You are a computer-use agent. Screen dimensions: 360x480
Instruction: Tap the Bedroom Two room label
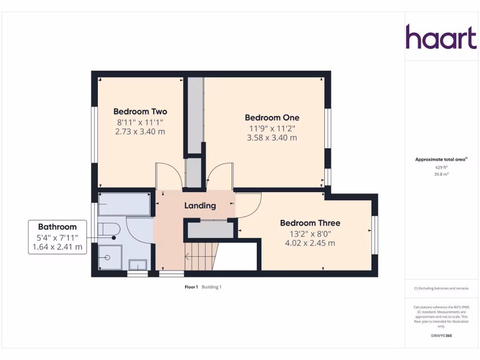point(140,112)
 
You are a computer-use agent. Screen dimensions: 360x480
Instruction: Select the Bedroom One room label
point(272,118)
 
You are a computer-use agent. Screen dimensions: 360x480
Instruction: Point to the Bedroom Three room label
point(310,223)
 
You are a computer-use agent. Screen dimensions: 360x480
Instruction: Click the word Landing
point(200,205)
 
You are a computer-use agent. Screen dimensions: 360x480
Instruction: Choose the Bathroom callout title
point(57,227)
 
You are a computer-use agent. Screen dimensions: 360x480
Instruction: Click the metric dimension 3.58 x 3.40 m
point(272,138)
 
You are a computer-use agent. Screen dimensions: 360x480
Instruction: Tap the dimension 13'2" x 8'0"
point(310,233)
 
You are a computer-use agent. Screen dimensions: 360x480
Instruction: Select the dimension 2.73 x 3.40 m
point(140,132)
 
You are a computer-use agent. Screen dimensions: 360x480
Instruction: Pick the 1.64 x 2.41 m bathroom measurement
point(57,247)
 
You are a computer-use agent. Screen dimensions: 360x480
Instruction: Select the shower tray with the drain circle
point(110,258)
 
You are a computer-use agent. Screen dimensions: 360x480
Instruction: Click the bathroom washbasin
point(138,265)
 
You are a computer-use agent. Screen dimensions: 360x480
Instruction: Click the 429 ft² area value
point(441,167)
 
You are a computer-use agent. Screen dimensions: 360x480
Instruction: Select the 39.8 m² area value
point(441,174)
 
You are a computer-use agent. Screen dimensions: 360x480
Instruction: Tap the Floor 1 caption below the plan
point(191,287)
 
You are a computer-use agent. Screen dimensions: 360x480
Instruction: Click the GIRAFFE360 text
point(441,336)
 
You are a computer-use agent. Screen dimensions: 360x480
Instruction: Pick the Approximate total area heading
point(441,159)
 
